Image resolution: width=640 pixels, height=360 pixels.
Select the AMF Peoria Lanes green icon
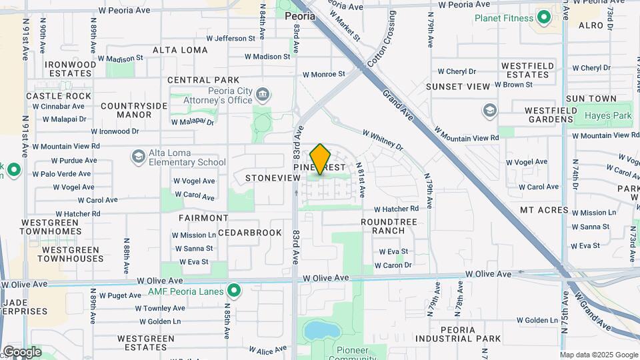point(233,291)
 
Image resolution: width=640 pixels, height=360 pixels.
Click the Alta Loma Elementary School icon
point(139,157)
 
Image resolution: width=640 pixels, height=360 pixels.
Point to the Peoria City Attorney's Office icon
point(263,95)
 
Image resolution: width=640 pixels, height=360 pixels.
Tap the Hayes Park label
point(607,115)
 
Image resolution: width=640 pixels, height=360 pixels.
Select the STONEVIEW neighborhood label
point(273,178)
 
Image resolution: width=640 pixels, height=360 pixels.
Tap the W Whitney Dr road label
point(383,139)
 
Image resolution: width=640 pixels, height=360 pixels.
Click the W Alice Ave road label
point(268,349)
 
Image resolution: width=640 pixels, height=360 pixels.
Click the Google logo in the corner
point(22,351)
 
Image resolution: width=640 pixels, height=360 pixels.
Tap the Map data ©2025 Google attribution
point(599,355)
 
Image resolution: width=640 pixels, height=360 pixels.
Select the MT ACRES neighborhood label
point(544,210)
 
